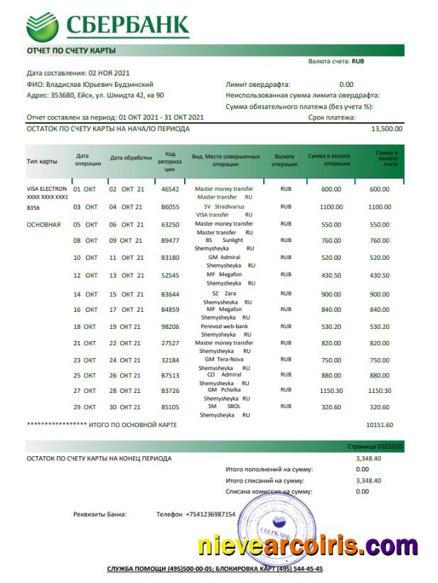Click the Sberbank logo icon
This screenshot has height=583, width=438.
(x=43, y=26)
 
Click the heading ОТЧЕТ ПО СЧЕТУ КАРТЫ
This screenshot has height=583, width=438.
(x=71, y=51)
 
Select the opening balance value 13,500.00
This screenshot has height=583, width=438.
(x=387, y=129)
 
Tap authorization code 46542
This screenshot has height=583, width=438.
(x=170, y=189)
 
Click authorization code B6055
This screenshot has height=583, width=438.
(x=170, y=207)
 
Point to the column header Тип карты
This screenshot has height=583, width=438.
(x=42, y=161)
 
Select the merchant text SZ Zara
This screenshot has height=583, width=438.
(x=224, y=293)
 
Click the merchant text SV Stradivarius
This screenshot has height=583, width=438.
(x=224, y=206)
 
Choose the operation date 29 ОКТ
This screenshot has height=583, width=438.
(x=85, y=407)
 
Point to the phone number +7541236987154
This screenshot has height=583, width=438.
(x=210, y=514)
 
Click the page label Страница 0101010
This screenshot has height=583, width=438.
(x=380, y=446)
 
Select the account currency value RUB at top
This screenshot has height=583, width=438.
(x=358, y=62)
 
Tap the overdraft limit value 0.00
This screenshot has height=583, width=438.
(x=346, y=84)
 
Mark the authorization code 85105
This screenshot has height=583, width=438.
(x=170, y=407)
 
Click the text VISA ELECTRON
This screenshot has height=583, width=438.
(x=46, y=189)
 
